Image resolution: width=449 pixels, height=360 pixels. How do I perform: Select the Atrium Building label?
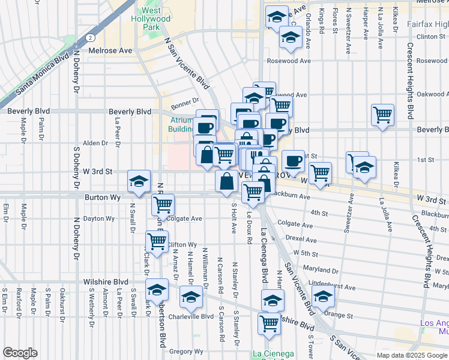pos(179,124)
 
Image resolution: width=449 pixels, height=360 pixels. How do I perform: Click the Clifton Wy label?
pos(182,245)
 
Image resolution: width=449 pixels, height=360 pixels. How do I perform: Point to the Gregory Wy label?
pos(185,351)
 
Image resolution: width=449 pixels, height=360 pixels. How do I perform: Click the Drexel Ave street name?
pos(301,239)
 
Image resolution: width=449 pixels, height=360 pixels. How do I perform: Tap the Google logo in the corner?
pos(20,353)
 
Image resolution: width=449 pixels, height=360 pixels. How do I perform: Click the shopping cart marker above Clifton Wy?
pos(157,242)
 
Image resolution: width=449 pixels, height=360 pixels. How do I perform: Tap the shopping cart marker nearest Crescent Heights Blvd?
pos(382,115)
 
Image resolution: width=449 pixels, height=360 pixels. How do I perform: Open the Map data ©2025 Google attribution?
pos(411,355)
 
